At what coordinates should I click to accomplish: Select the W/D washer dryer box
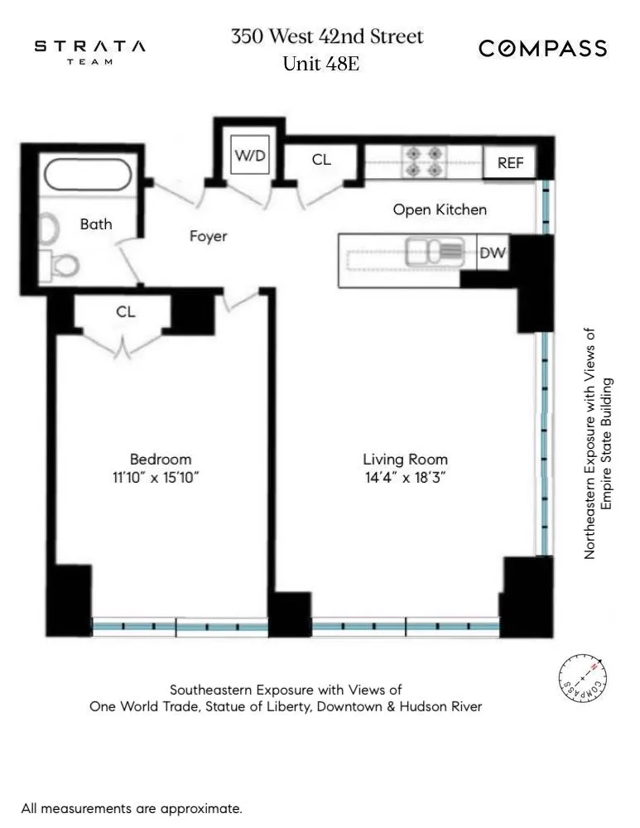pos(251,156)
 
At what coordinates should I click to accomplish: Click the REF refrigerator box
pos(510,163)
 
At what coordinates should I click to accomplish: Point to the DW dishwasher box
pos(493,254)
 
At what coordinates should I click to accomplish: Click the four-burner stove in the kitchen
pos(423,162)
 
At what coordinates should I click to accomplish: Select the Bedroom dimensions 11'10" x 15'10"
pos(161,478)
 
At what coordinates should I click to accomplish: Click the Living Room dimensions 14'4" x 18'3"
pos(405,478)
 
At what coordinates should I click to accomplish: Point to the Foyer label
pos(208,237)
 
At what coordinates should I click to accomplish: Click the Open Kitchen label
pos(440,209)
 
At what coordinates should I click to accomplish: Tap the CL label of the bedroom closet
pos(126,312)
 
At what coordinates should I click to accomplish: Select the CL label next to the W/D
pos(321,160)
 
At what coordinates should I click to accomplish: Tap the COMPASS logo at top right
pos(542,49)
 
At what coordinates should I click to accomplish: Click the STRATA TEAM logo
pos(89,51)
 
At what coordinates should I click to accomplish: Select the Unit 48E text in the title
pos(320,65)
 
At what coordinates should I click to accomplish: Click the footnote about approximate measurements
pos(132,808)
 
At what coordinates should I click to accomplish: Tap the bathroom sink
pos(49,228)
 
